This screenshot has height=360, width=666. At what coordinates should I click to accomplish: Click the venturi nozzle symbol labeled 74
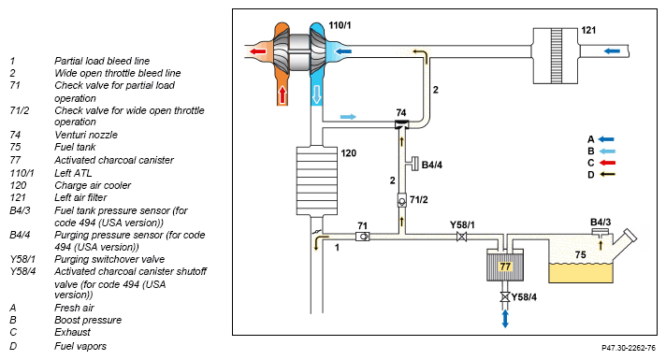[401, 124]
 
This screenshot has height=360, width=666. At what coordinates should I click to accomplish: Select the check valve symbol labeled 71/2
[402, 200]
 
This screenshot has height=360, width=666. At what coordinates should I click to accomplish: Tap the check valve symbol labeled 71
[362, 237]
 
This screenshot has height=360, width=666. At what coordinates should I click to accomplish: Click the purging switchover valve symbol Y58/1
[461, 237]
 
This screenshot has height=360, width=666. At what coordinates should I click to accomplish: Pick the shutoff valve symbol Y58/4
[505, 297]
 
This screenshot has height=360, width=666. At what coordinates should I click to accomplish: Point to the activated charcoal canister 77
[505, 266]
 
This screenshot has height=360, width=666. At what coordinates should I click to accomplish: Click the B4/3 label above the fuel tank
[601, 222]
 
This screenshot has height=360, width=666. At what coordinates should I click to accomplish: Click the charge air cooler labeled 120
[316, 180]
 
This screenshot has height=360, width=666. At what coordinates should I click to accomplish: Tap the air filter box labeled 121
[556, 55]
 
